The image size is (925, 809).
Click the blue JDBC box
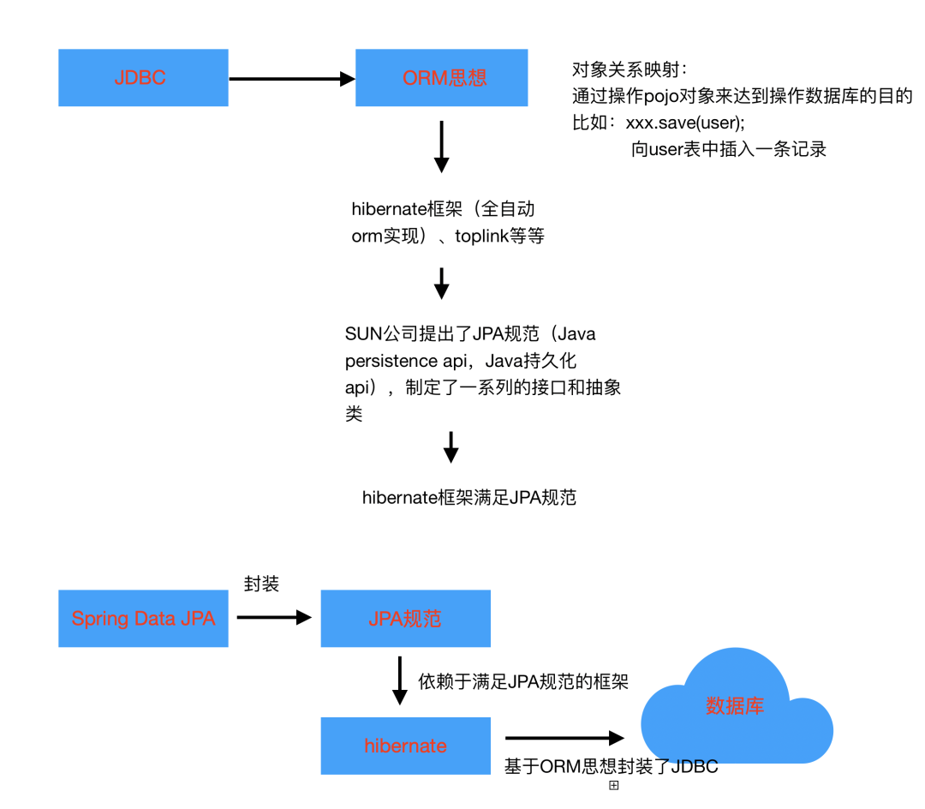(x=143, y=78)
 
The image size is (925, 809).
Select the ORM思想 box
(x=442, y=78)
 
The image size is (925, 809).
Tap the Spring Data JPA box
(x=143, y=619)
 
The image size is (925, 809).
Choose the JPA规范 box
(x=406, y=619)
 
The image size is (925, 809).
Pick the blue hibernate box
(x=406, y=746)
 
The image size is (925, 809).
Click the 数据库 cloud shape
(x=737, y=706)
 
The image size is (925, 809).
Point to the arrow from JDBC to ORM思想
(x=292, y=79)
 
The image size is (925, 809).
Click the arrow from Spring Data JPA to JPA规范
(x=274, y=617)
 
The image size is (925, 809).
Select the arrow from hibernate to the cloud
(x=565, y=738)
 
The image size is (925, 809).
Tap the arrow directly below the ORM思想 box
(x=442, y=147)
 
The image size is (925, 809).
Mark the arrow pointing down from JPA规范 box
(x=400, y=681)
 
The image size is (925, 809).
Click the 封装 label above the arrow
(x=261, y=584)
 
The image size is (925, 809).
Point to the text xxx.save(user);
(x=685, y=123)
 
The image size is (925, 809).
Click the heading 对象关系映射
(x=626, y=69)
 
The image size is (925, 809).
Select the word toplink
(x=482, y=236)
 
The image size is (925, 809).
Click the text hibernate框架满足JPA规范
(x=469, y=497)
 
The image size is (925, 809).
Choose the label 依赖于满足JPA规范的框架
(x=523, y=681)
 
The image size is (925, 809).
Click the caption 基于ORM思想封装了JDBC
(x=612, y=766)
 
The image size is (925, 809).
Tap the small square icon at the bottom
(x=614, y=785)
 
